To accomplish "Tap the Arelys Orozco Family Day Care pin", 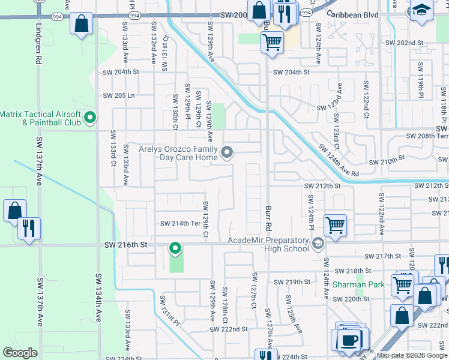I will coord(227,153).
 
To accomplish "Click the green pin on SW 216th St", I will coord(175,247).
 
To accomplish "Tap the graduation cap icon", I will coord(421,10).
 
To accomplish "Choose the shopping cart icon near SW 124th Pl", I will coord(335,225).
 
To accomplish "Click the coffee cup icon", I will coord(348,339).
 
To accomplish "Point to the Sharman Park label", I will coord(359,284).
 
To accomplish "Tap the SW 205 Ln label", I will coord(118,95).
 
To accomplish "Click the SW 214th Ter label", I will coord(179,224).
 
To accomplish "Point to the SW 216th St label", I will coord(125,245).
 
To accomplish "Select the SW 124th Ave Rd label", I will coord(339,160).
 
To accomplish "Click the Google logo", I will coord(20,353).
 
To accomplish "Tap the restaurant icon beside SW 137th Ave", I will coord(29,228).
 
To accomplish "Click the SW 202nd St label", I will coord(404,43).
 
